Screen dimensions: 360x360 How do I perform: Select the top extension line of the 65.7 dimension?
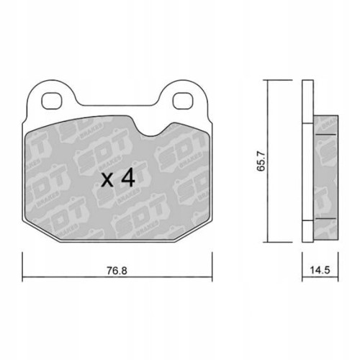coord(284,79)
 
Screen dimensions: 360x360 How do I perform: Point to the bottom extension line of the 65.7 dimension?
coord(284,241)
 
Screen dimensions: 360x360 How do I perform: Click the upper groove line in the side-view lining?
coord(327,135)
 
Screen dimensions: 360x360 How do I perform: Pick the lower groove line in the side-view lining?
coord(327,217)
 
